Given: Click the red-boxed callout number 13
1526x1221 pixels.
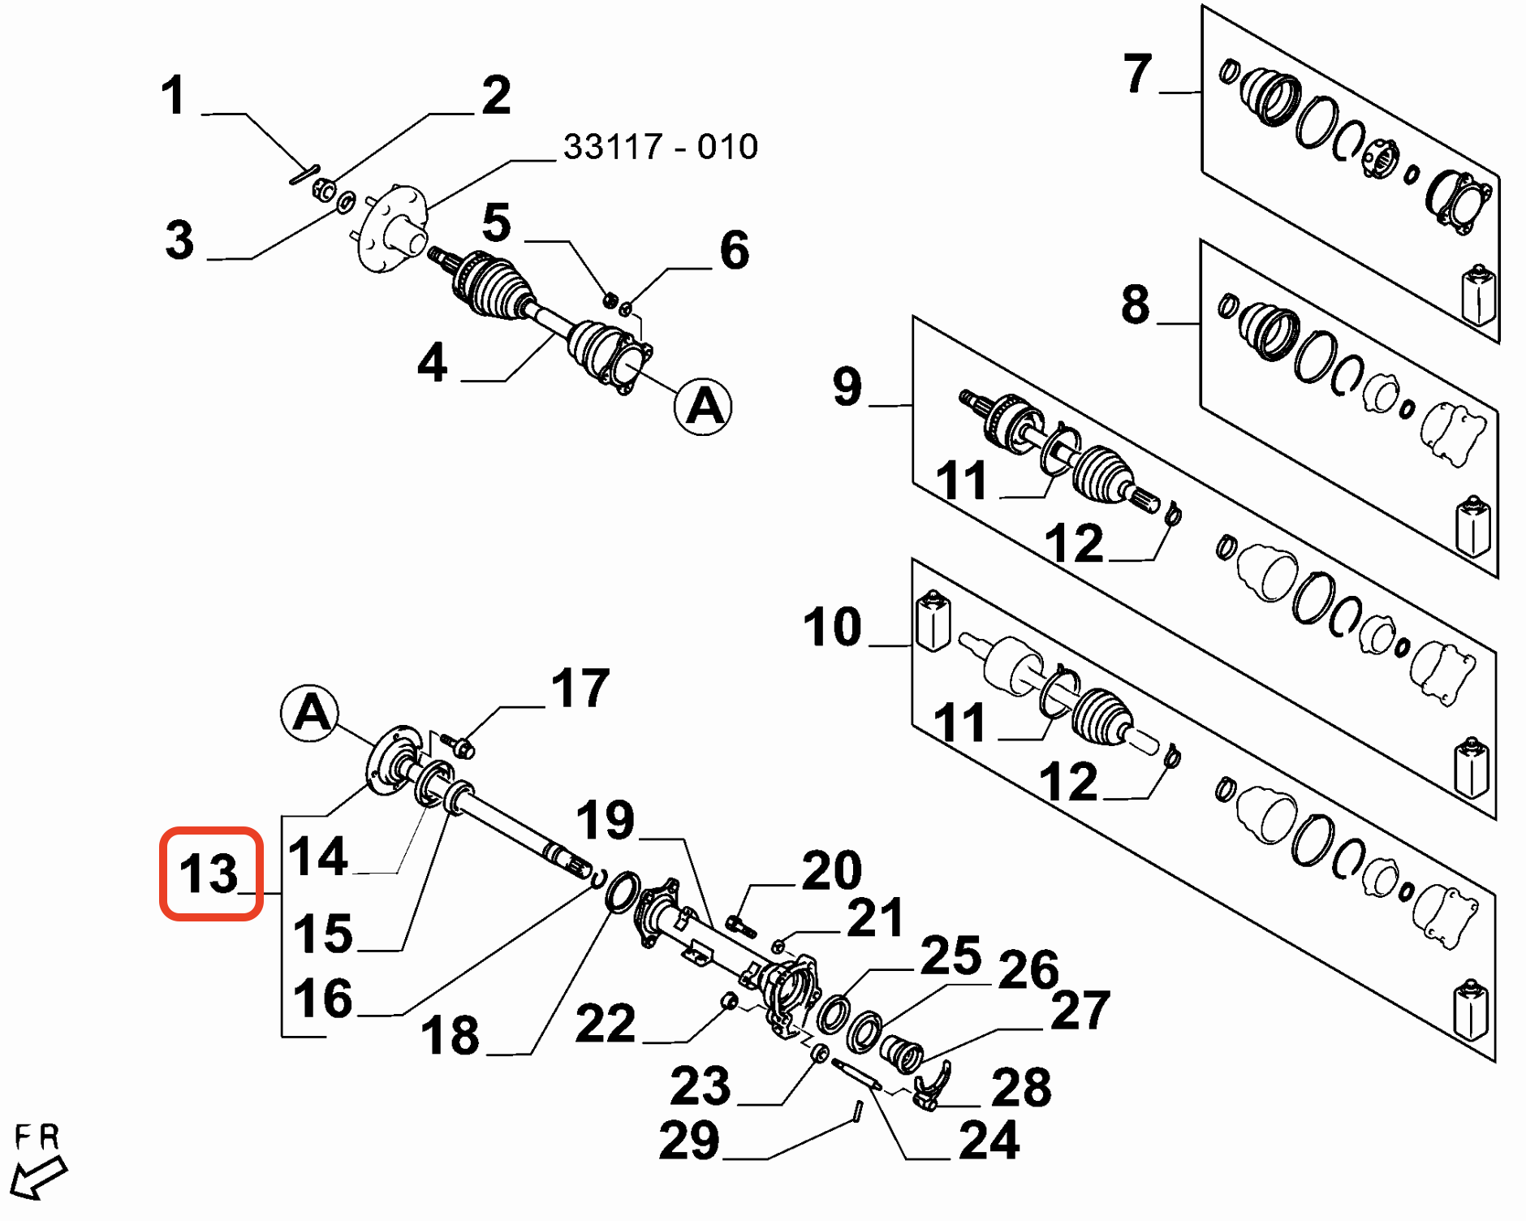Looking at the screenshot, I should click(x=209, y=874).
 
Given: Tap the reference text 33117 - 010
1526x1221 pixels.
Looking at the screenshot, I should click(x=660, y=148).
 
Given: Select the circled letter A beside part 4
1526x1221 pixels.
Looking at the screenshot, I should click(x=703, y=406).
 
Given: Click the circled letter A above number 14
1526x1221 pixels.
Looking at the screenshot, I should click(x=309, y=714).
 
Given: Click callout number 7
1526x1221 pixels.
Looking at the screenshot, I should click(x=1137, y=74).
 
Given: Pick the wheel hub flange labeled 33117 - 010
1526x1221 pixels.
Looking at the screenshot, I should click(x=392, y=228).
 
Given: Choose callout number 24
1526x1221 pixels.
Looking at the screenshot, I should click(x=988, y=1141).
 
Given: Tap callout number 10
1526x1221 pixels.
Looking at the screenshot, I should click(x=832, y=627).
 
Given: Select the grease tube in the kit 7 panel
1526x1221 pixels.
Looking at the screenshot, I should click(x=1478, y=294).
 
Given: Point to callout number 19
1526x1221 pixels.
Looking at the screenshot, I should click(x=605, y=820).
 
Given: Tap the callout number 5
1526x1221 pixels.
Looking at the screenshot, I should click(x=496, y=222).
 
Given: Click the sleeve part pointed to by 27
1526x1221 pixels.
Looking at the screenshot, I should click(x=901, y=1053).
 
